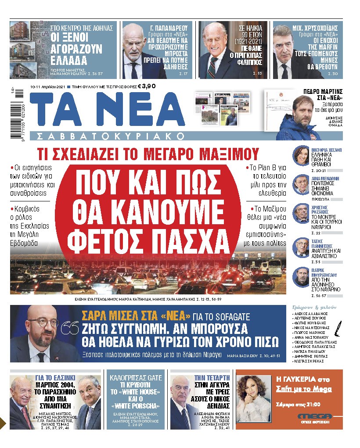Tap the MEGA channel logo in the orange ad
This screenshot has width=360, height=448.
314,417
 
